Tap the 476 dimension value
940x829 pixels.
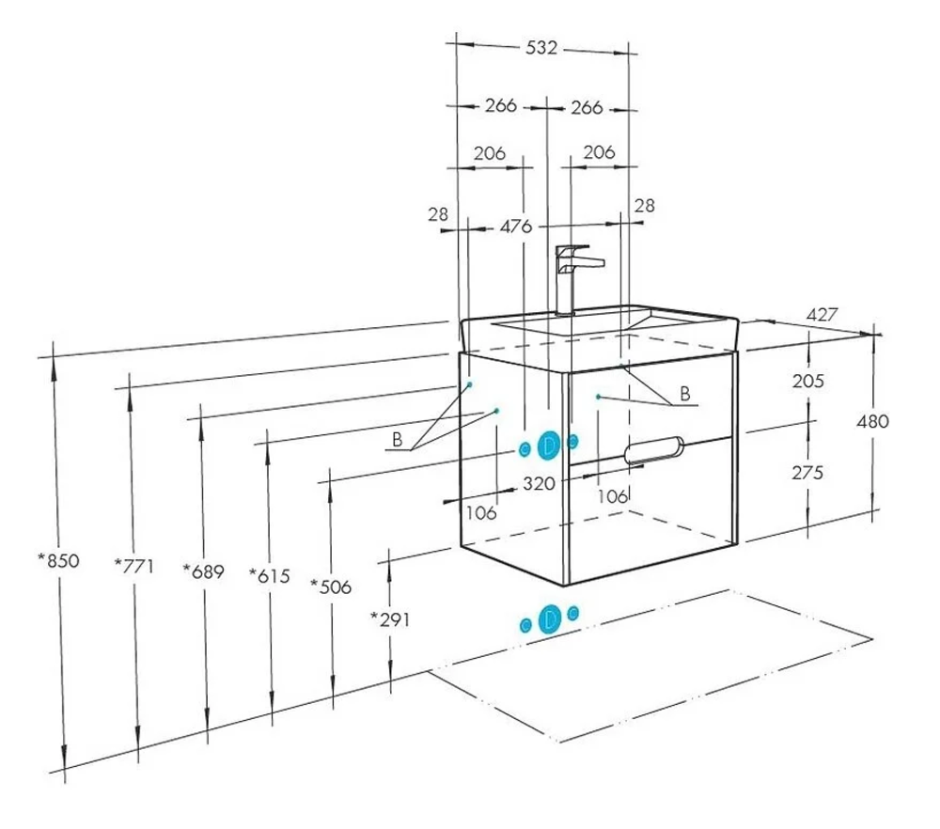pos(515,227)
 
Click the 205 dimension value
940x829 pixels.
pos(807,381)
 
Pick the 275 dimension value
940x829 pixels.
pos(807,472)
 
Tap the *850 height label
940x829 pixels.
pos(58,560)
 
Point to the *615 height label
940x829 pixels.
pos(269,573)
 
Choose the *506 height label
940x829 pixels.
pos(332,587)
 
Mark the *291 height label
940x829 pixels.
pos(390,618)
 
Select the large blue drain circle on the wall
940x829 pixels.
pos(549,444)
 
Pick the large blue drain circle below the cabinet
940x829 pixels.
pos(549,618)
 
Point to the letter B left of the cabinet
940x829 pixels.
pos(398,440)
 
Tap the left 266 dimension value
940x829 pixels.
pos(501,106)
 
